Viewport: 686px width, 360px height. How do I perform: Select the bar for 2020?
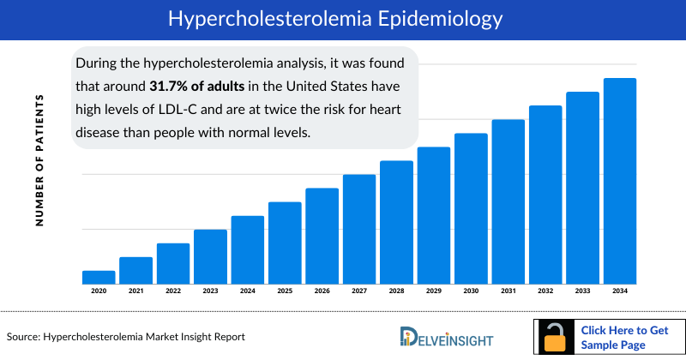(x=99, y=277)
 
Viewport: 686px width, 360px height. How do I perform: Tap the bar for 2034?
(x=619, y=181)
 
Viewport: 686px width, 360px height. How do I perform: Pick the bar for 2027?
(x=359, y=229)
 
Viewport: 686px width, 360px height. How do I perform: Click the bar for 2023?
(x=210, y=256)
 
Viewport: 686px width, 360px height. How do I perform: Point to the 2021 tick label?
(x=135, y=291)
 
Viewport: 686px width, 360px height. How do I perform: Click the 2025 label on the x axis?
(x=285, y=291)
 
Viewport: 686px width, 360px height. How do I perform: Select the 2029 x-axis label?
(x=434, y=291)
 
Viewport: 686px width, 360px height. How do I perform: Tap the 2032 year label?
(x=545, y=291)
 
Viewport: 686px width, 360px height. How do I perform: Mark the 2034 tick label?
(x=619, y=291)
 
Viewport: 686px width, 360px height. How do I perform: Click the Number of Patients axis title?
(x=39, y=160)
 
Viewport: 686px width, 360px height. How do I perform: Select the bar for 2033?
(x=582, y=188)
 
